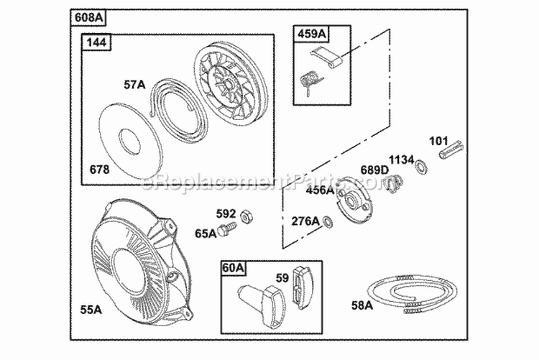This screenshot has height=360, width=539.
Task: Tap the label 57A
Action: click(134, 85)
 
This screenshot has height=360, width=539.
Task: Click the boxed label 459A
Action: click(309, 33)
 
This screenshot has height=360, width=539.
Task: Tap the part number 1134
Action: click(402, 160)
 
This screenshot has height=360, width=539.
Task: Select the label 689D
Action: click(374, 170)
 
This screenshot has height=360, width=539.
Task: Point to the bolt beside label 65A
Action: click(228, 229)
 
